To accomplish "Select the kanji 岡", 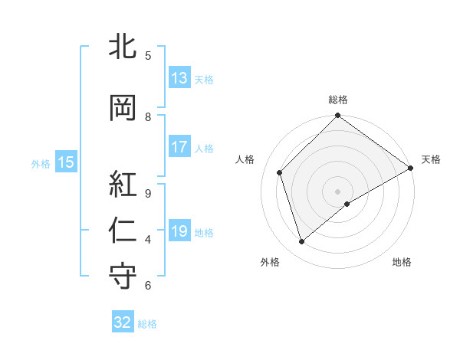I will point(123,109).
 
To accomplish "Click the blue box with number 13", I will point(179,78).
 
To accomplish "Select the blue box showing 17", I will point(179,148).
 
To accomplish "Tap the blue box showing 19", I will point(179,232).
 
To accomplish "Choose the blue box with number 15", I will point(66,162).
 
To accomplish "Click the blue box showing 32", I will point(123,322).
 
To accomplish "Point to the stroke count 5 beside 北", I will point(147,55).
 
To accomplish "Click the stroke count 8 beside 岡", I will point(147,117).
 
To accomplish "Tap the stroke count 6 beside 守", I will point(147,286).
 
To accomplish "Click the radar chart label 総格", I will point(337,100).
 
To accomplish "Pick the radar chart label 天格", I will point(431,159).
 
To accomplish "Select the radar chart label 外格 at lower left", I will point(270,262).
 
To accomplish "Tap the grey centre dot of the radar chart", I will point(337,191).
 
